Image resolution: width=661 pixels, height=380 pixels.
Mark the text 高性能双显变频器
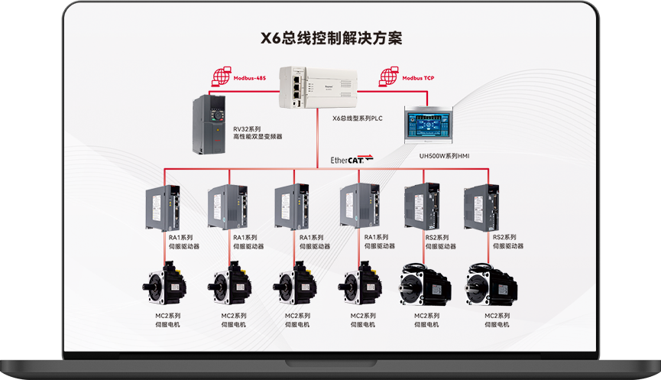click(258, 137)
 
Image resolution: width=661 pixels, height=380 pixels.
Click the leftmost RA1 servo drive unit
click(164, 208)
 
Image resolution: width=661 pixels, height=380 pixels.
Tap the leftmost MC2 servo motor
click(164, 285)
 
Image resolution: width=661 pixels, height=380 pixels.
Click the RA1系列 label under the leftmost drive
click(181, 238)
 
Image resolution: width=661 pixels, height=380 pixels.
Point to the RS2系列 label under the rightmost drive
click(504, 238)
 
